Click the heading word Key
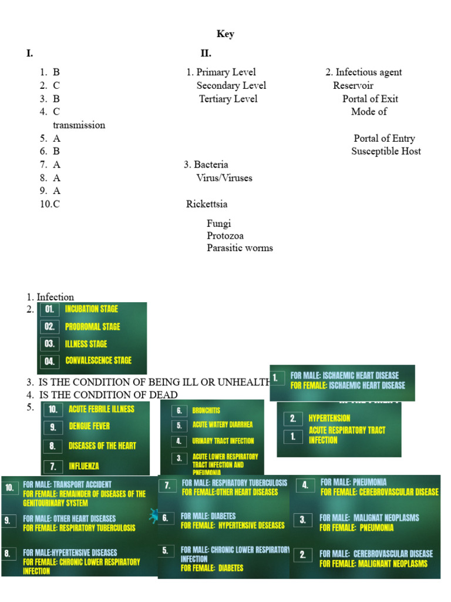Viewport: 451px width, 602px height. click(225, 34)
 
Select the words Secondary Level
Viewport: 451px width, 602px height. click(231, 86)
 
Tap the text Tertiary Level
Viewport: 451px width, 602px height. click(228, 99)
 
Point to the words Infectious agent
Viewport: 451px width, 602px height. click(369, 72)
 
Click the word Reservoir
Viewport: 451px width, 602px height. click(354, 86)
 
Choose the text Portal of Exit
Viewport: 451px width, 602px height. click(371, 99)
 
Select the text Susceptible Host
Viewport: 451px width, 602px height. click(386, 151)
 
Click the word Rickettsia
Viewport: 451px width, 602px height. click(207, 204)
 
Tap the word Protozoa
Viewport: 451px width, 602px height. click(225, 236)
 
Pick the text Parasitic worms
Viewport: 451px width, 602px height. click(240, 248)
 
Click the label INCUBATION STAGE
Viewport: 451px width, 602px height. click(92, 309)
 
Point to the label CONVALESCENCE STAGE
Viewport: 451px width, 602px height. click(99, 360)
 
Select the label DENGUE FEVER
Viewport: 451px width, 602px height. click(89, 426)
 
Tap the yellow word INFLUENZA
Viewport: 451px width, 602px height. click(84, 466)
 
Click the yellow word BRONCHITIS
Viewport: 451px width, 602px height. click(206, 410)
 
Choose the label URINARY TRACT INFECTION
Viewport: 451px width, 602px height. click(223, 441)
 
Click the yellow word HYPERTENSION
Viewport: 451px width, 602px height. click(329, 419)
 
